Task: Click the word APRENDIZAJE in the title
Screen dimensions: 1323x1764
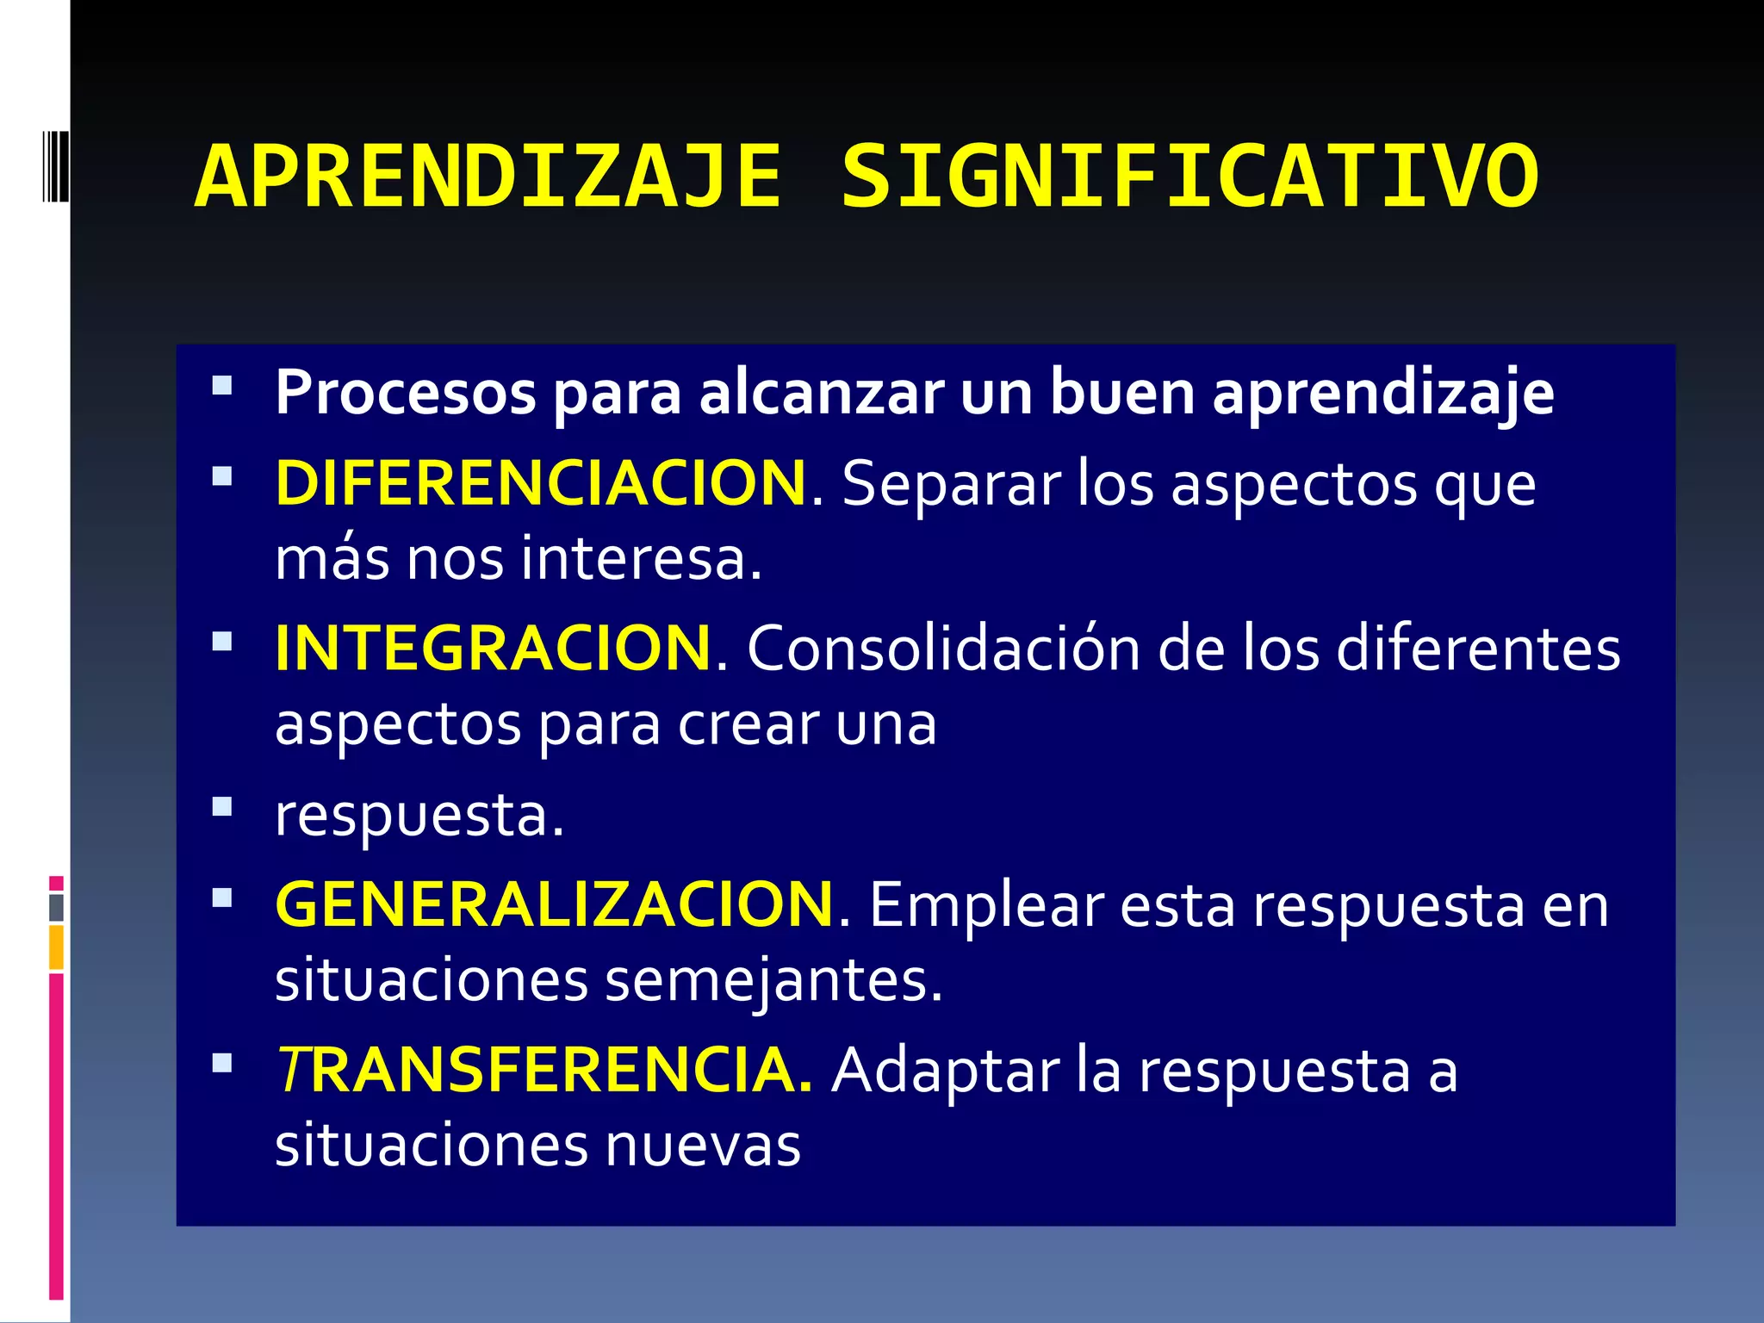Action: click(x=488, y=177)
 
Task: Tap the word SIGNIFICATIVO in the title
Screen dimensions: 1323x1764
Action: click(x=1189, y=177)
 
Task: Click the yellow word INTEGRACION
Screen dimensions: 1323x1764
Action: click(x=493, y=649)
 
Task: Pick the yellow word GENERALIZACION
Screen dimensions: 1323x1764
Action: click(x=555, y=904)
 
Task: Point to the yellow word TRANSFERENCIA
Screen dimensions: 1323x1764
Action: click(x=543, y=1071)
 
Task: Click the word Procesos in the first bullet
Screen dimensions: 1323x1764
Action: click(x=406, y=394)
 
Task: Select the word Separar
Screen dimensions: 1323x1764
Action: click(x=951, y=483)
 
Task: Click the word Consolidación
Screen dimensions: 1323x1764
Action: click(x=943, y=649)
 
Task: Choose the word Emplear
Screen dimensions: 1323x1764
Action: click(x=986, y=904)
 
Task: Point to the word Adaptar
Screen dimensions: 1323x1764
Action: click(x=946, y=1071)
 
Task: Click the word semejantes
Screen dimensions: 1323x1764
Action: click(x=773, y=980)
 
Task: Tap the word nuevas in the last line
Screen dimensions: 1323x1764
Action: click(x=703, y=1146)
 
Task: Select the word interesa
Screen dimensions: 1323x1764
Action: click(x=642, y=559)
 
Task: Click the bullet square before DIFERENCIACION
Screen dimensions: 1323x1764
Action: click(x=222, y=476)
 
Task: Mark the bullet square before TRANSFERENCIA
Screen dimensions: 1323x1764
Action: click(x=222, y=1063)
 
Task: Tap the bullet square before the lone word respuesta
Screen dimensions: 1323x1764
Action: click(x=222, y=807)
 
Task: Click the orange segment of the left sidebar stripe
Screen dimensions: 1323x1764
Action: click(x=56, y=947)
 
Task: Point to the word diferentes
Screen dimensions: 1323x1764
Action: click(x=1478, y=649)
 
